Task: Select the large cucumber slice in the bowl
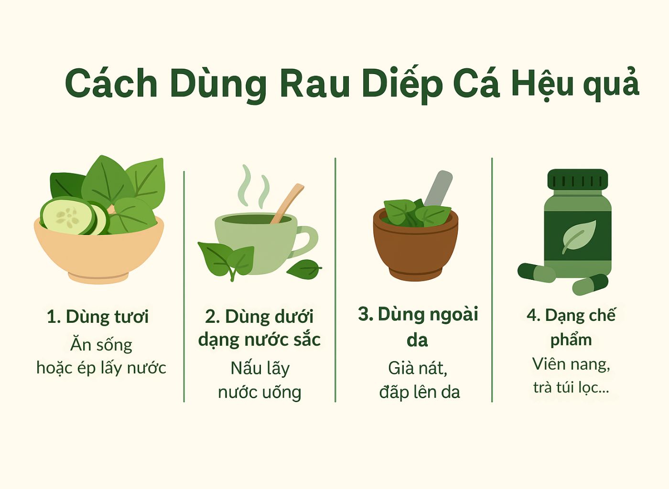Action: point(68,216)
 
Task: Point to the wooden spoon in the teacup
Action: point(287,203)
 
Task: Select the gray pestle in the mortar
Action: point(438,189)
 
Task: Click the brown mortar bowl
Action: point(416,245)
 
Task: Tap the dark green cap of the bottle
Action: point(578,179)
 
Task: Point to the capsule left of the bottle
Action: point(536,273)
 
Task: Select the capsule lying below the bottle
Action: point(590,284)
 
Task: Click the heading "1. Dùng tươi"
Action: point(97,317)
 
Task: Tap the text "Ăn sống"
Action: point(101,345)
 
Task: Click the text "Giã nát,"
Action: point(418,368)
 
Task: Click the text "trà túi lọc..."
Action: point(571,387)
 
